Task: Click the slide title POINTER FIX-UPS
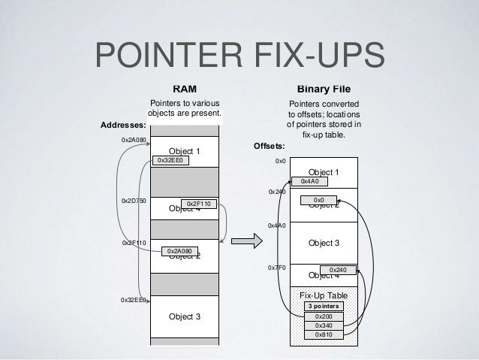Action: (239, 57)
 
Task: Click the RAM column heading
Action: (185, 87)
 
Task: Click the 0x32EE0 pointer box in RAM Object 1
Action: (170, 160)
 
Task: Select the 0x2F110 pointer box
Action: (200, 204)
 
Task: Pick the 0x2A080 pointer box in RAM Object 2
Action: (179, 250)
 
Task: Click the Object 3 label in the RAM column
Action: (185, 316)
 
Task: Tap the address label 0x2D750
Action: (133, 201)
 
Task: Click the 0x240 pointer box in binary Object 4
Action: (338, 269)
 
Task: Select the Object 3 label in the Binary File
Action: (324, 243)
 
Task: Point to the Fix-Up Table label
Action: (324, 296)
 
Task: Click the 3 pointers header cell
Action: (324, 307)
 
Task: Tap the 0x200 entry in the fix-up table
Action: (324, 316)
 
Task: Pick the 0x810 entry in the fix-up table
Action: (324, 334)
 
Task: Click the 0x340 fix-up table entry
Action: (324, 325)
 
